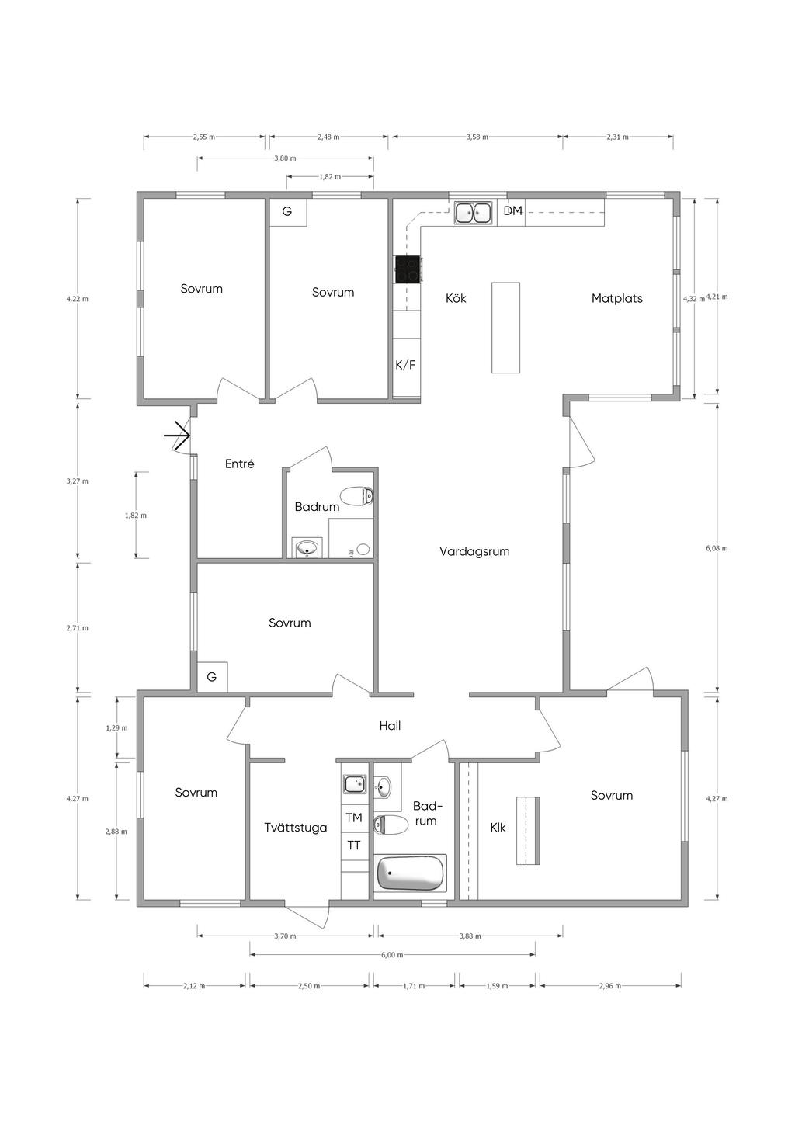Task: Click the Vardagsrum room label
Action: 474,551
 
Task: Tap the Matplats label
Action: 616,298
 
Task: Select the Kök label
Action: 456,298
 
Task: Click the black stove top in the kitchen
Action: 408,269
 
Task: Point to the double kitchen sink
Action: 473,213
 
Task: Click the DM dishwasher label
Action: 513,210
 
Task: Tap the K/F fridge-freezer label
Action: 405,365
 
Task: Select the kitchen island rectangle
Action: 505,328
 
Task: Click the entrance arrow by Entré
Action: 176,435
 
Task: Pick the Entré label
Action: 240,464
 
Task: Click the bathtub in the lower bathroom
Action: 410,873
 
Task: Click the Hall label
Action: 390,725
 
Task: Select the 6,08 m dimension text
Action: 717,548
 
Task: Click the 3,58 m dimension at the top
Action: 477,137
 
